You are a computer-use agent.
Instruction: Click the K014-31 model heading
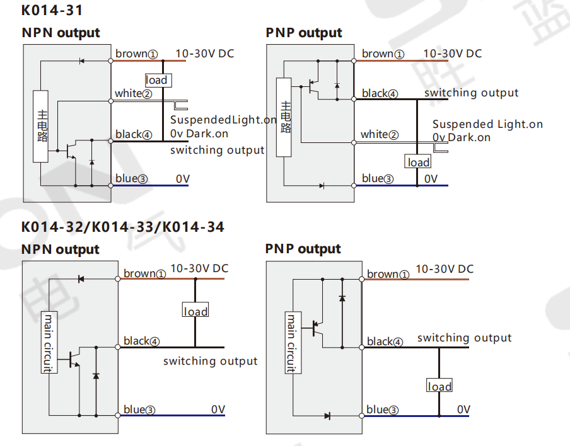click(52, 10)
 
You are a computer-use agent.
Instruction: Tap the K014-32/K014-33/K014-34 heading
click(123, 227)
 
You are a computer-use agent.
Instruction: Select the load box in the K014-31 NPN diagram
click(158, 80)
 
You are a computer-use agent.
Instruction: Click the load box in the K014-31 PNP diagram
click(417, 162)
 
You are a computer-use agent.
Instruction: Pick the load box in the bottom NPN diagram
click(195, 309)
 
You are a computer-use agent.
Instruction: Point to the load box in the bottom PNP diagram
click(439, 385)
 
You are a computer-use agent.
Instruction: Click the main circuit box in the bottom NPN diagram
click(49, 343)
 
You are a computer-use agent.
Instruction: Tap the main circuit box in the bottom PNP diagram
click(293, 343)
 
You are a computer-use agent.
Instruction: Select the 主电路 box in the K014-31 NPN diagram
click(41, 126)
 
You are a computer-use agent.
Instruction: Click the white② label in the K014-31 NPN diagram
click(134, 94)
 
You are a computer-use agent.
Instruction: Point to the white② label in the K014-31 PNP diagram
click(380, 135)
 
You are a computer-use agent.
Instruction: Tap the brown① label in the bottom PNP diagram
click(388, 274)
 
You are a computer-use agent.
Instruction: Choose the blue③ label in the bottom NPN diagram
click(139, 409)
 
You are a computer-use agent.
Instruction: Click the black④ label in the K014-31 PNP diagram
click(380, 94)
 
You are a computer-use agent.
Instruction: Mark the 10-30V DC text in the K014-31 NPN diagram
click(205, 54)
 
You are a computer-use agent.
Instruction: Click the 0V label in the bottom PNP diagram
click(463, 409)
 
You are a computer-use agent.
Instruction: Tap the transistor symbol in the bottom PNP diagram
click(317, 328)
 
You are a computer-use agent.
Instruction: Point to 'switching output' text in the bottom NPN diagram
click(210, 361)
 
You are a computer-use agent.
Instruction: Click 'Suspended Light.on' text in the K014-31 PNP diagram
click(487, 124)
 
